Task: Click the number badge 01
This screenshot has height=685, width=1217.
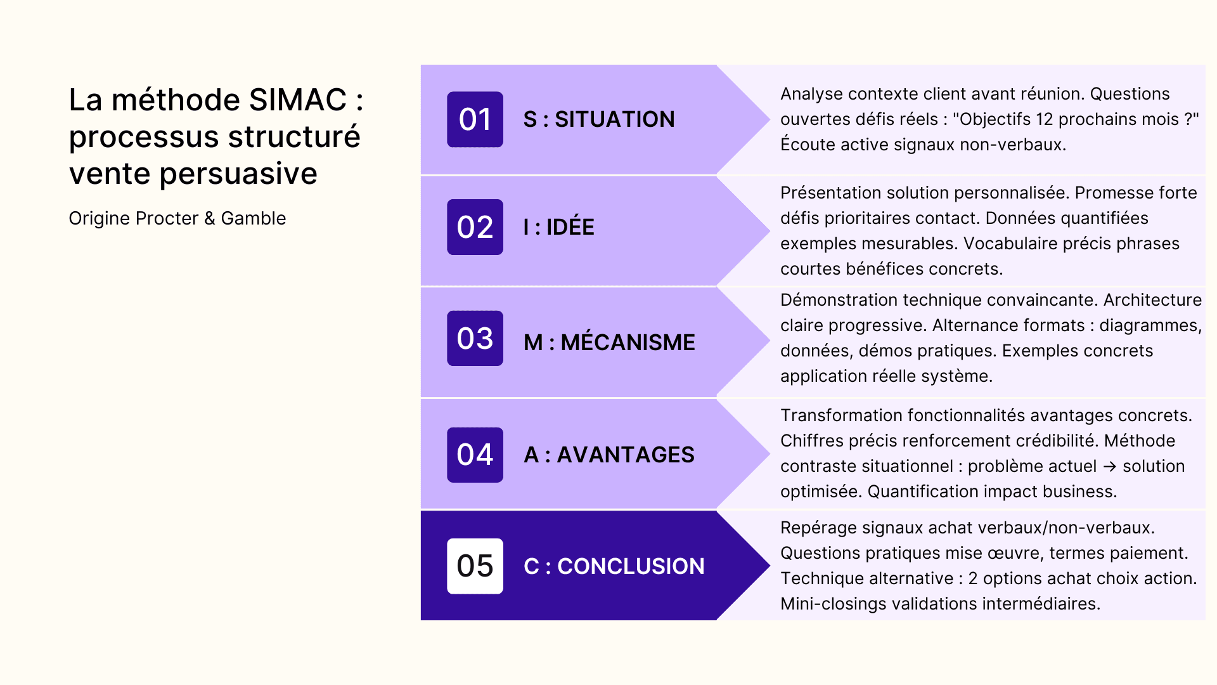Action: pyautogui.click(x=475, y=119)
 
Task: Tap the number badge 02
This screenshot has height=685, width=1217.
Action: pyautogui.click(x=475, y=227)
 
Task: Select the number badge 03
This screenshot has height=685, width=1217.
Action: pyautogui.click(x=475, y=338)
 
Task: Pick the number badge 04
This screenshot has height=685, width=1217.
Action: pyautogui.click(x=475, y=455)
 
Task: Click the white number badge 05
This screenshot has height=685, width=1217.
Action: pyautogui.click(x=475, y=566)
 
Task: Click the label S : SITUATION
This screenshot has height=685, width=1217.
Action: pyautogui.click(x=599, y=119)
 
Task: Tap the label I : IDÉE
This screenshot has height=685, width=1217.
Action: pyautogui.click(x=558, y=227)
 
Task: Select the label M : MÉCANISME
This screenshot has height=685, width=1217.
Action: pyautogui.click(x=609, y=342)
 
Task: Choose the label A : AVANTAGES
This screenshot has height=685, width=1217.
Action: pyautogui.click(x=608, y=455)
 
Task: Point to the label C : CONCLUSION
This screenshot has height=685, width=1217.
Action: pyautogui.click(x=614, y=566)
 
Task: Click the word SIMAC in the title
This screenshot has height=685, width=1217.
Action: pyautogui.click(x=297, y=100)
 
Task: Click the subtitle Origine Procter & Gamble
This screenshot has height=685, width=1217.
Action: pyautogui.click(x=177, y=218)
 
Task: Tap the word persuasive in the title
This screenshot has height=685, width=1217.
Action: pyautogui.click(x=238, y=174)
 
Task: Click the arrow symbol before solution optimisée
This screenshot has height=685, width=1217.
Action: pyautogui.click(x=1109, y=466)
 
